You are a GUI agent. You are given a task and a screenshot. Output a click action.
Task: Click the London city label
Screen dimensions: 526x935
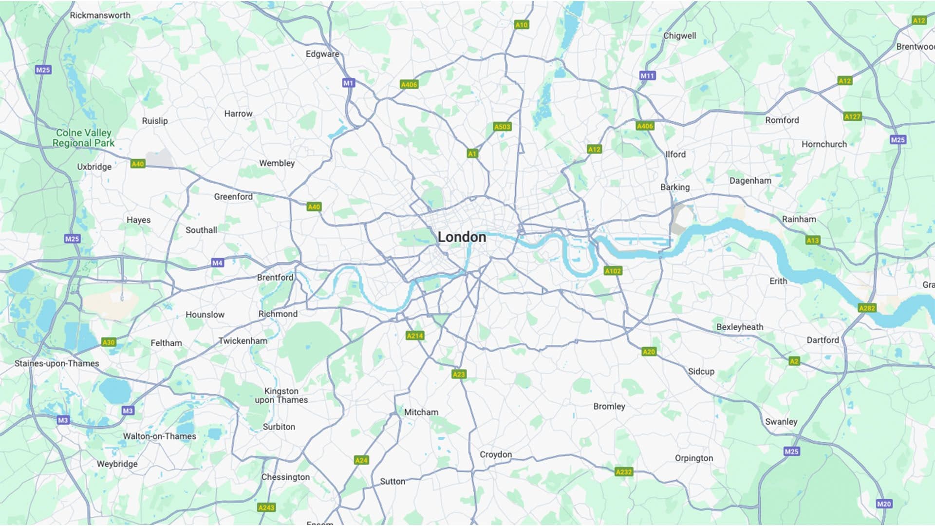[462, 237]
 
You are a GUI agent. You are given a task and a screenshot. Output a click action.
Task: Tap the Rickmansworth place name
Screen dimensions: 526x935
[100, 15]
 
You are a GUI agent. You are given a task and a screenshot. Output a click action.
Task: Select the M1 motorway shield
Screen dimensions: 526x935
[348, 83]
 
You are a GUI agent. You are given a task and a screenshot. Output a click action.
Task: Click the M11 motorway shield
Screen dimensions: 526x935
[647, 75]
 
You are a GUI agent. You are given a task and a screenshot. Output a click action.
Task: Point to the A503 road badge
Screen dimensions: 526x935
[502, 127]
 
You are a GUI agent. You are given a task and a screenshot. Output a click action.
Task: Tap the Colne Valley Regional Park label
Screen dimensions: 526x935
[84, 138]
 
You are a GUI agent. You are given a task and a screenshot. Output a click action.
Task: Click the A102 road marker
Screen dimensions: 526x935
[613, 271]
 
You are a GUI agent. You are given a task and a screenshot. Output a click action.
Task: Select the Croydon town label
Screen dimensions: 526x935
[496, 454]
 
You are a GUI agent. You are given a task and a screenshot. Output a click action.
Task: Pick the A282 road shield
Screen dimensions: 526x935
[867, 308]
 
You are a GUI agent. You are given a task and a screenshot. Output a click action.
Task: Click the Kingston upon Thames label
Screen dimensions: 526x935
[281, 395]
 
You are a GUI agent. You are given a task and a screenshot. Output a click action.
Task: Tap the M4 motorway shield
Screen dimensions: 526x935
[217, 263]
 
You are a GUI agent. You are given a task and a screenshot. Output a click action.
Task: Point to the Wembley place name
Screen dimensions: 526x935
[277, 163]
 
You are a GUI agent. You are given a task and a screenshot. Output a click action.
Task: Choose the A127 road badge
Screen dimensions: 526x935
[852, 116]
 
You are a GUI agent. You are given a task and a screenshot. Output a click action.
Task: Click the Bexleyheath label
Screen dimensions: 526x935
[740, 327]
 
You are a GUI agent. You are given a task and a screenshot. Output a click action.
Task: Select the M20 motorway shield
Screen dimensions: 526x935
[883, 504]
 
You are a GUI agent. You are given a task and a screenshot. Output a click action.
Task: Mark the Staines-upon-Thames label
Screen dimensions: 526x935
[56, 363]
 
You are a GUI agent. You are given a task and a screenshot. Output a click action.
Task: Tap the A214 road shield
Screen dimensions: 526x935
[415, 336]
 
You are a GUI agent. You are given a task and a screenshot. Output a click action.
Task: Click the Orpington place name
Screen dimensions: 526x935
[693, 458]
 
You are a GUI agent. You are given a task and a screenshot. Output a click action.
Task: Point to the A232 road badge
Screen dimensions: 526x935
[623, 471]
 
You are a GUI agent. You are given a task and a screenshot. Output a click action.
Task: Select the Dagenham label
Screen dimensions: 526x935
[750, 181]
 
